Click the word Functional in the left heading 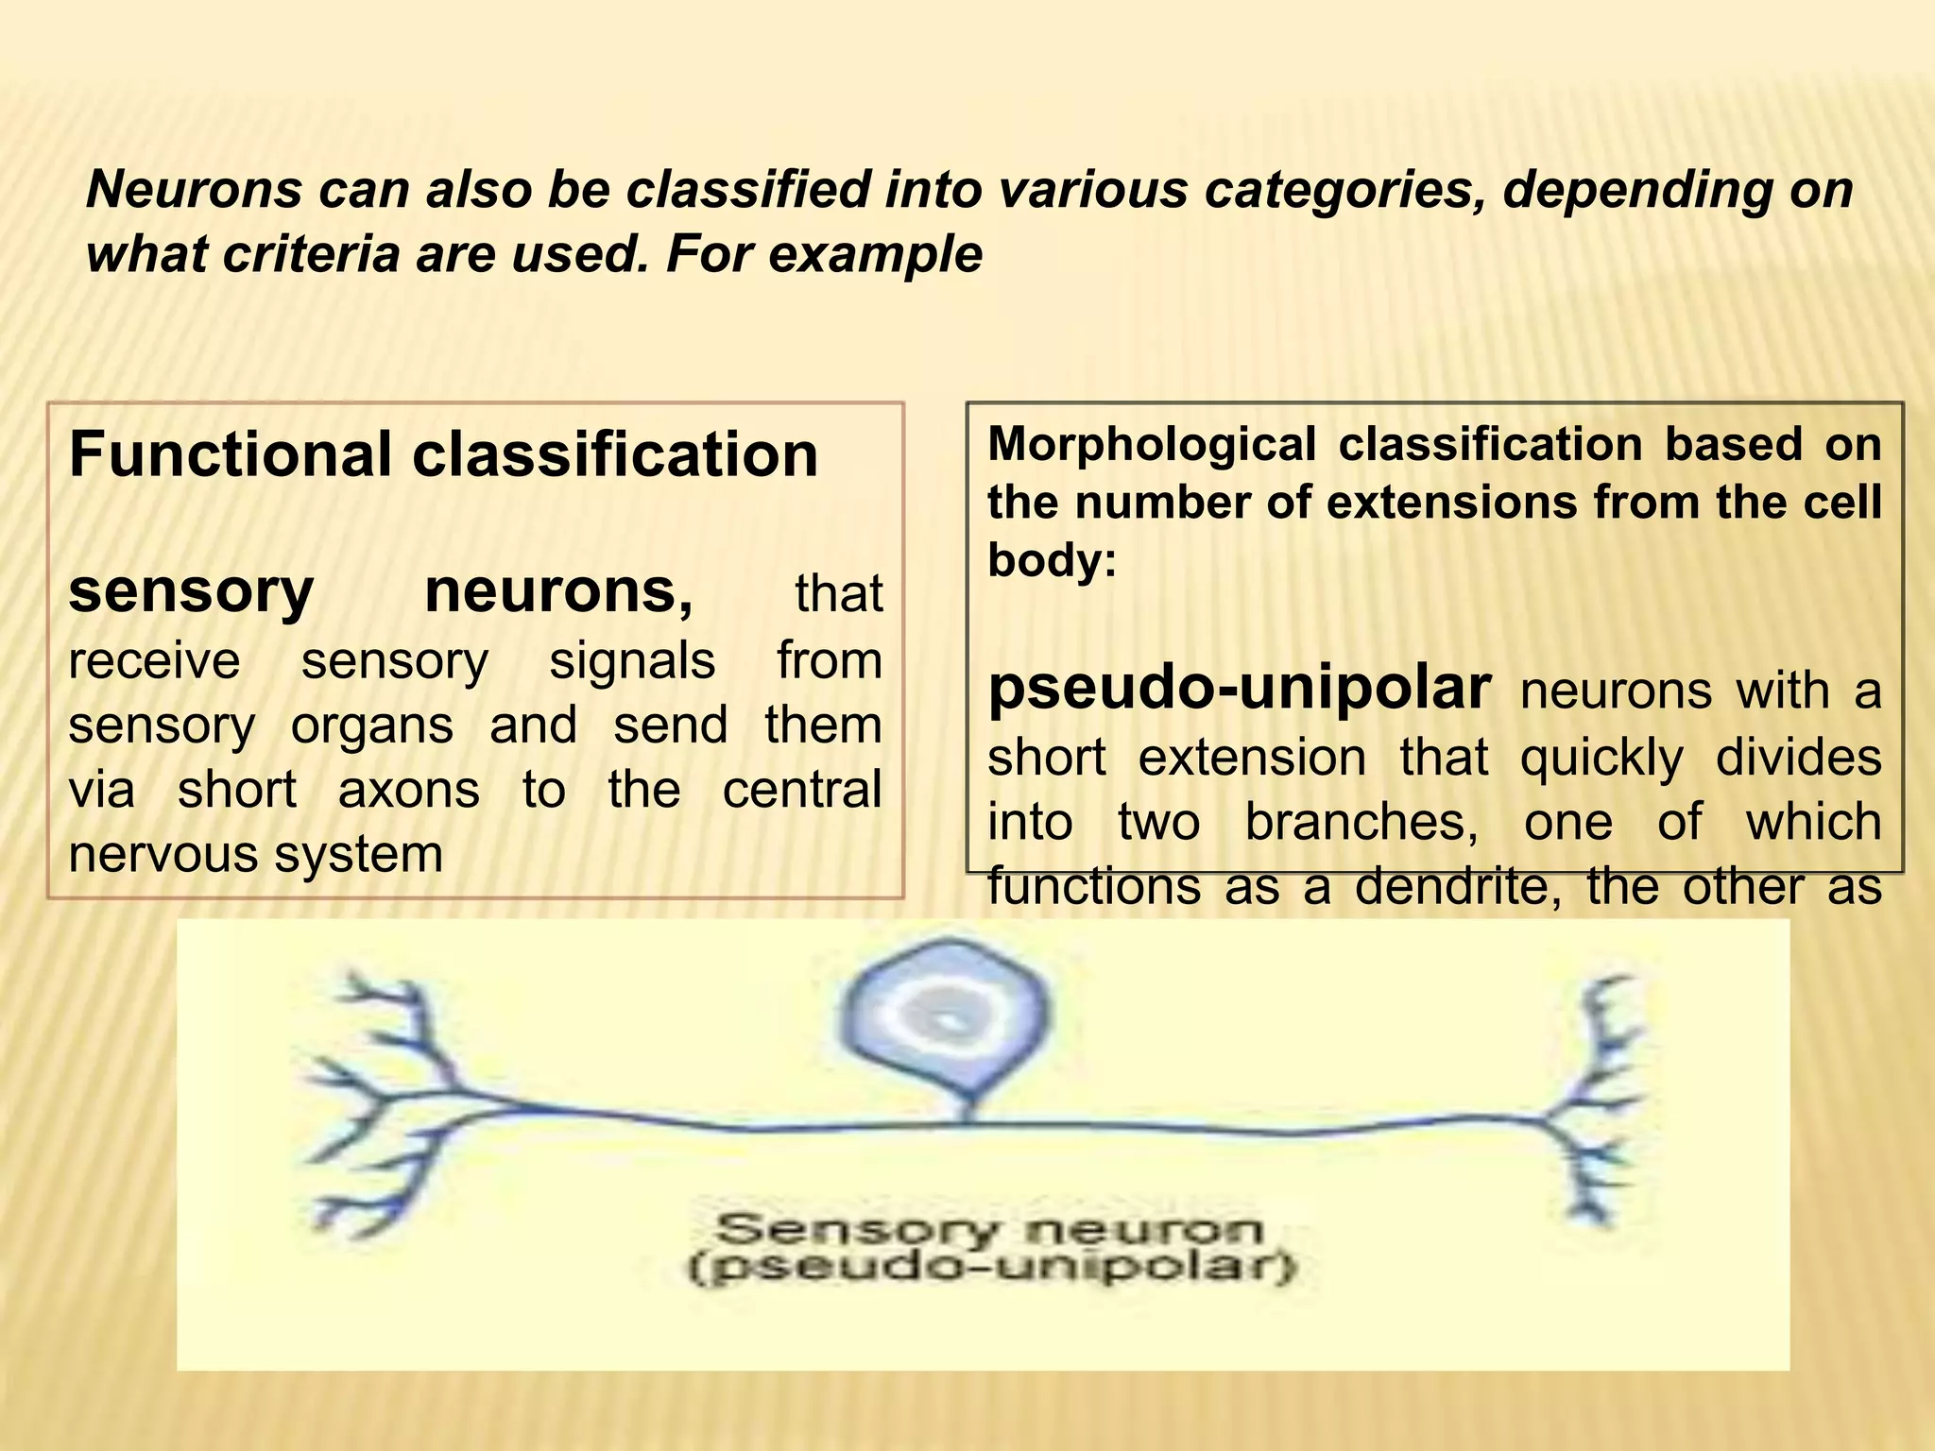click(x=230, y=455)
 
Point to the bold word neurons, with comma click(x=558, y=592)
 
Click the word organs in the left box click(x=371, y=725)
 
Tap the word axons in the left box click(x=408, y=790)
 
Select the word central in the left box click(x=801, y=790)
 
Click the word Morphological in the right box click(x=1152, y=445)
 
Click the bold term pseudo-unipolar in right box click(x=1239, y=689)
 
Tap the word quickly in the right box click(x=1601, y=758)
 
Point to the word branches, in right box click(x=1361, y=822)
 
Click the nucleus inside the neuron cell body click(x=946, y=1020)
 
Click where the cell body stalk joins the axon click(x=966, y=1123)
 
